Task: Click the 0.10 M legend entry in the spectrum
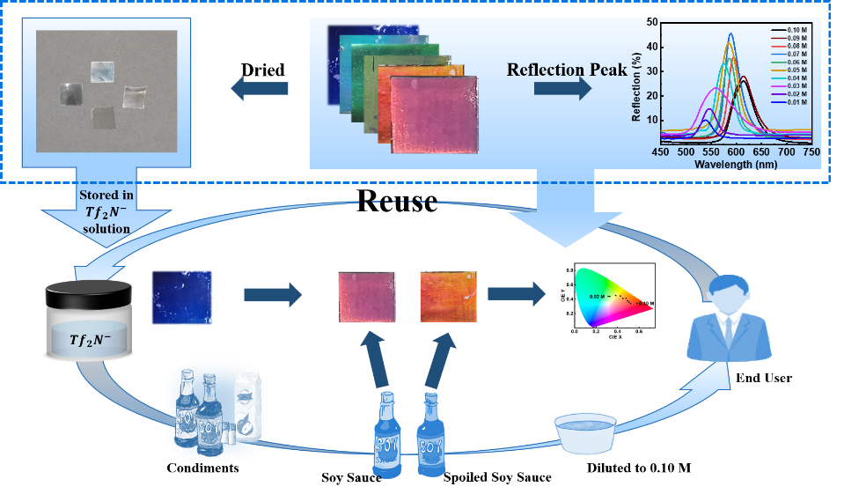pos(792,32)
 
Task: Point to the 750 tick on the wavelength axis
pos(811,151)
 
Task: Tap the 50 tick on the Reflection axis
pos(653,21)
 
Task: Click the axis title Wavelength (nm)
pos(735,164)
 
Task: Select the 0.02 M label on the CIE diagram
pos(599,297)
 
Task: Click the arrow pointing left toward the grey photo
pos(259,88)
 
